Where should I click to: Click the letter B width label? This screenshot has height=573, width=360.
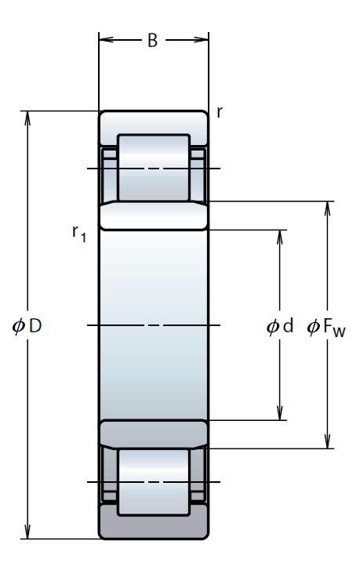point(152,41)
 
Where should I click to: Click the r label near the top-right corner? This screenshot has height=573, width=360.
point(220,112)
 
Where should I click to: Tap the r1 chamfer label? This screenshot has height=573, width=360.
point(79,234)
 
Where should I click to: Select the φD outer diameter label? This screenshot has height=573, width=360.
point(27,325)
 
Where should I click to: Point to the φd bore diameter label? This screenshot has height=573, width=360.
point(280,326)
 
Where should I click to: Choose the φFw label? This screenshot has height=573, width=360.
point(326,327)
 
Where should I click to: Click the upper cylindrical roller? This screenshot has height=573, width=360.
point(154,168)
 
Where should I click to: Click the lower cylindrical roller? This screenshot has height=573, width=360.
point(154,482)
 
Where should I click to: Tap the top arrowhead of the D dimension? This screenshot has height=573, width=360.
point(27,118)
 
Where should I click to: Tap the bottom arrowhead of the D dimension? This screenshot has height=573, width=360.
point(27,532)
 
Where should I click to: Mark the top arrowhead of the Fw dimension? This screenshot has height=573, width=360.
point(328,208)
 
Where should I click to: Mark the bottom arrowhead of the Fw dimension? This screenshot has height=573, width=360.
point(328,441)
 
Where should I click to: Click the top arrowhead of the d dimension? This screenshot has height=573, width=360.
point(280,237)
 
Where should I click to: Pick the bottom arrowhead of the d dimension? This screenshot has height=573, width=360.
point(280,413)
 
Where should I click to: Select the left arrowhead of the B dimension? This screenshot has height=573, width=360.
point(106,39)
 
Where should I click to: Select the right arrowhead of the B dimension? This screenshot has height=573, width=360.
point(202,39)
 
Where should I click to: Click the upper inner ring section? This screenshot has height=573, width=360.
point(154,216)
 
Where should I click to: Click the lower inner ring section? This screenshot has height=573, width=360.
point(154,434)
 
